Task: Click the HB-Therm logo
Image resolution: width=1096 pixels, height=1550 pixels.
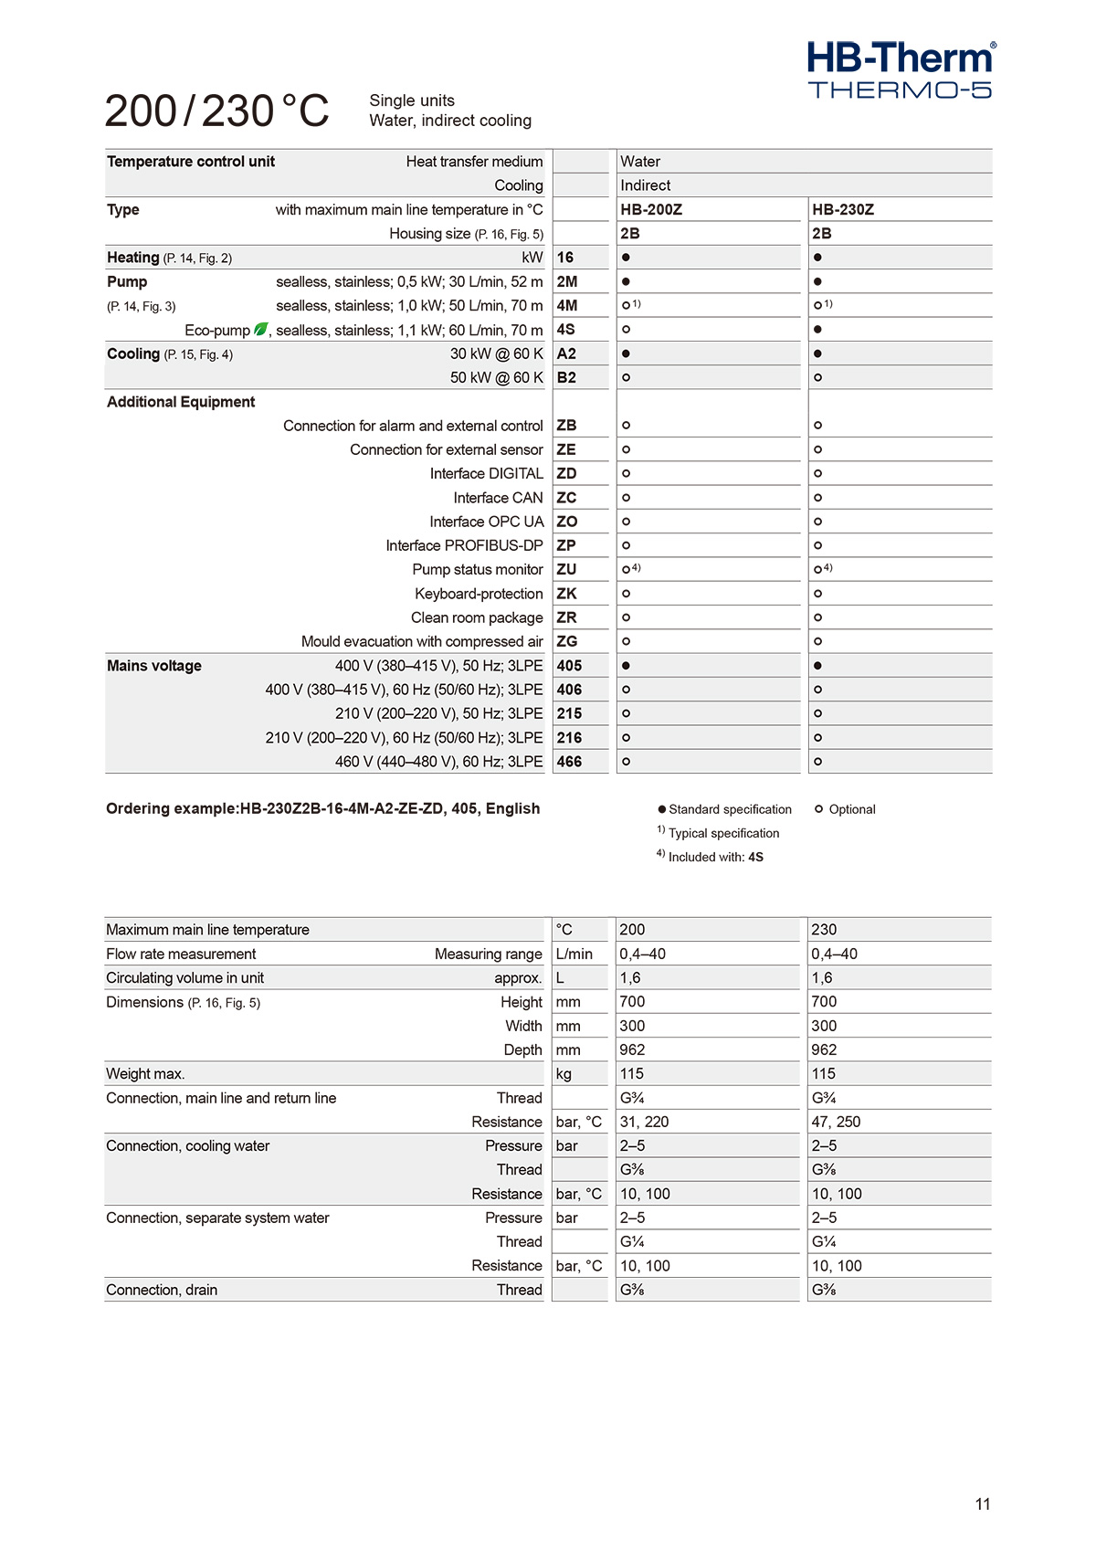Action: (901, 69)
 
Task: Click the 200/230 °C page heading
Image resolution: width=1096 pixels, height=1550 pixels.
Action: (216, 111)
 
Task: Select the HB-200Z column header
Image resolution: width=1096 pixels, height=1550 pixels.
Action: (651, 209)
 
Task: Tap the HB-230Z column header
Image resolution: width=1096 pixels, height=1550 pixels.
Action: (843, 209)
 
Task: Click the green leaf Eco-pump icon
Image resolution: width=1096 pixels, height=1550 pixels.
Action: (261, 329)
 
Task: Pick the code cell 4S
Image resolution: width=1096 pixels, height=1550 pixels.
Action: (566, 330)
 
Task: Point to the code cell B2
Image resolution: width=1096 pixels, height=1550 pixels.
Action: (566, 377)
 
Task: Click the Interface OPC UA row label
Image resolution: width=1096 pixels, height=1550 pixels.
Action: (486, 522)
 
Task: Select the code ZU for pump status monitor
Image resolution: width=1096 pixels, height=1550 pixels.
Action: (566, 569)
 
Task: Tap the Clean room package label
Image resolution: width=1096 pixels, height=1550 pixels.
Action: (477, 617)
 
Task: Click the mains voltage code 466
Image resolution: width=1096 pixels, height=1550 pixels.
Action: (569, 762)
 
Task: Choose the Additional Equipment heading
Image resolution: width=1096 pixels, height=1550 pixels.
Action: (181, 402)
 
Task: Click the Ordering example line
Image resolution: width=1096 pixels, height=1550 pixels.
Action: (323, 808)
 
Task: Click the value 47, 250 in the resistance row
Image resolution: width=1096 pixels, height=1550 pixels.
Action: (836, 1122)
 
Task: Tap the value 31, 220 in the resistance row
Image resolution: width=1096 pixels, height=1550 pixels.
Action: (644, 1122)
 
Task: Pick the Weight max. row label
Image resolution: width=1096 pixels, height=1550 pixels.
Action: (145, 1074)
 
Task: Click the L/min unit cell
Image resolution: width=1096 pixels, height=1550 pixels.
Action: (574, 954)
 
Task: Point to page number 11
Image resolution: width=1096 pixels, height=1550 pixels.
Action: (983, 1504)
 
